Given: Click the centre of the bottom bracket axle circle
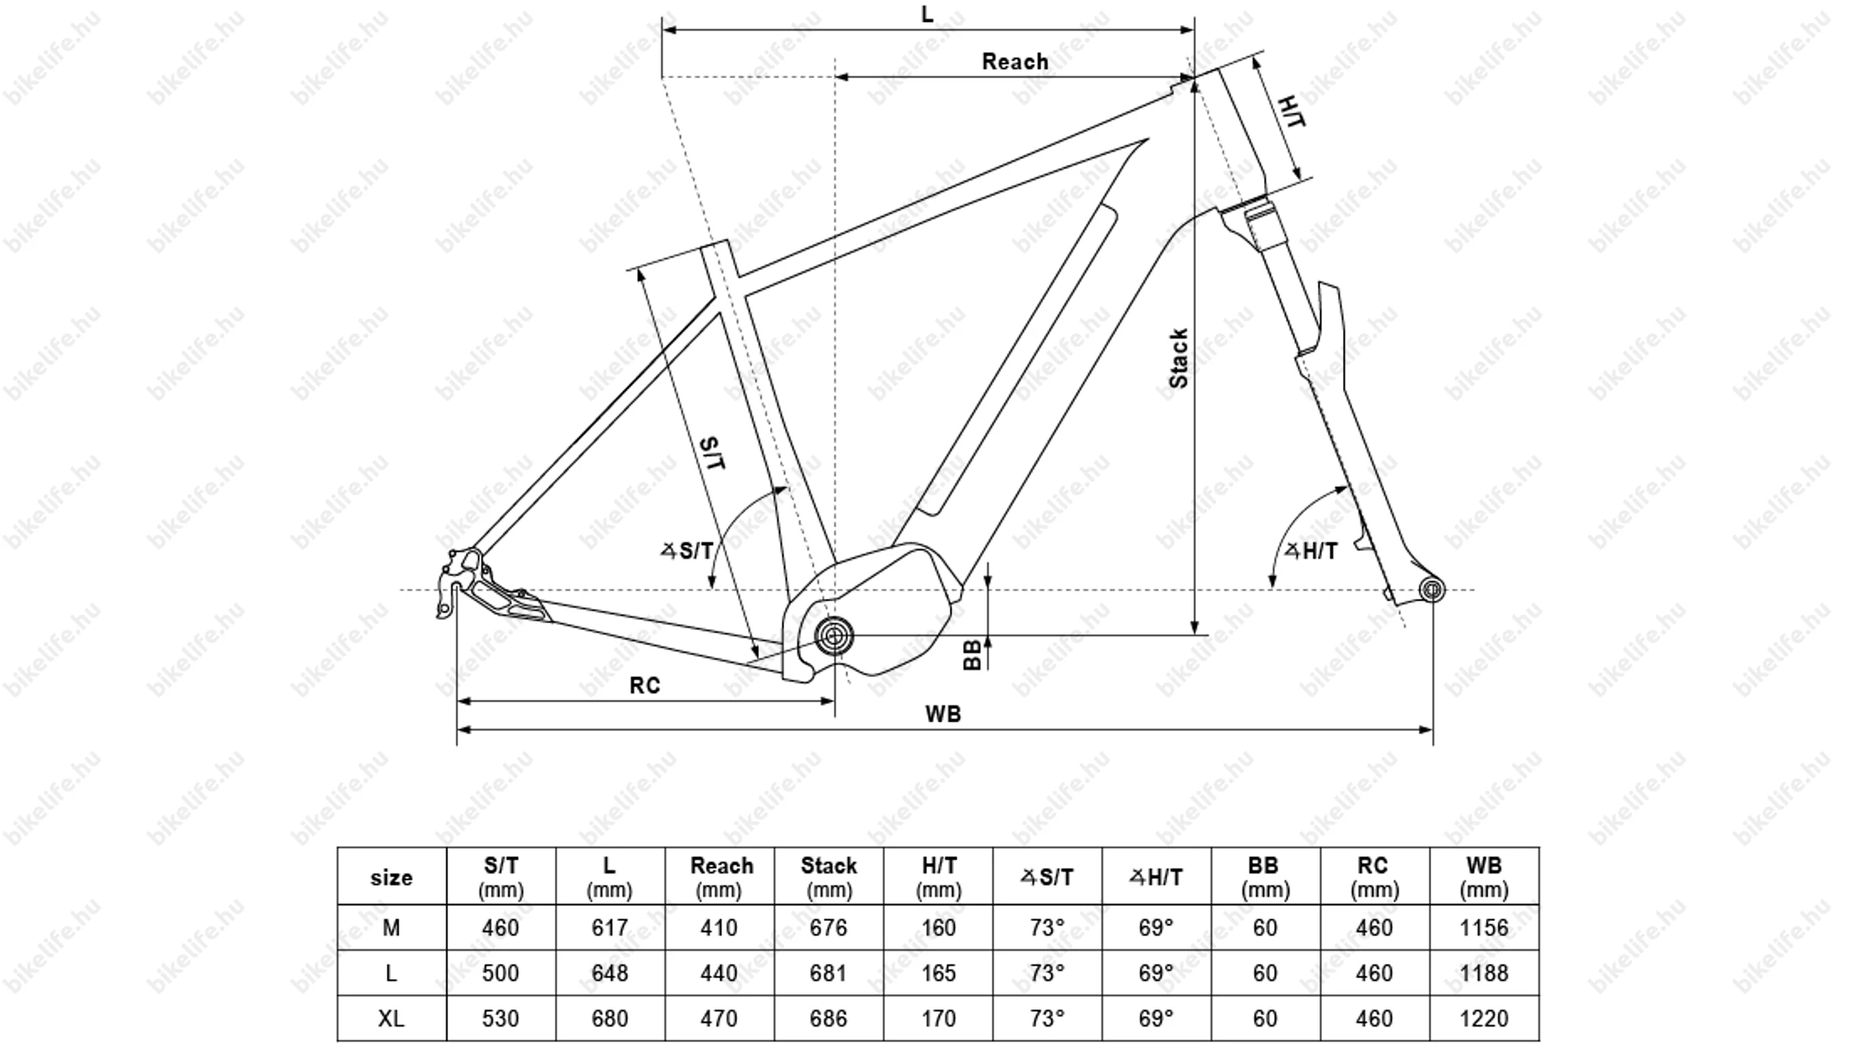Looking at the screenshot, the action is [834, 636].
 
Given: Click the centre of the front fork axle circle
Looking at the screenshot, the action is [1432, 590].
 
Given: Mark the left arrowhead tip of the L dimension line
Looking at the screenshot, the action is [662, 30].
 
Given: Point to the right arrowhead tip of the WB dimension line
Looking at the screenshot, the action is [1433, 729].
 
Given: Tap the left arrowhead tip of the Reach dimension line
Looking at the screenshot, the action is [836, 77].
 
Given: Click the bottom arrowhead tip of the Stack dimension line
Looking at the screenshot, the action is [1194, 635].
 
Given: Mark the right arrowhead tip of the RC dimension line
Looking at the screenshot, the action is [834, 701].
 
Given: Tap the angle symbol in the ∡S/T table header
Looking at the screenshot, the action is [1028, 877].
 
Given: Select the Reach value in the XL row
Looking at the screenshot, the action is [719, 1019].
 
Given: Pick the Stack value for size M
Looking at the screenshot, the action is [829, 928].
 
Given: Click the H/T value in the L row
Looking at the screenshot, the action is [938, 973].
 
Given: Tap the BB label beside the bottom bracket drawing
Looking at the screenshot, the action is [972, 655].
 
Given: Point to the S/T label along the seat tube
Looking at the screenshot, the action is [713, 453].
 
